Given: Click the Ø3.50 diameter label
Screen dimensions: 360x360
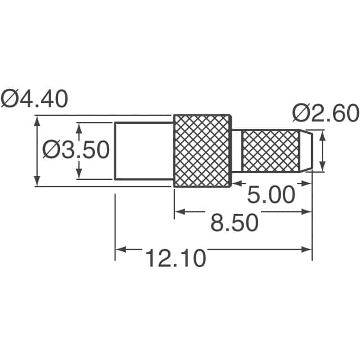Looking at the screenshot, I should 76,150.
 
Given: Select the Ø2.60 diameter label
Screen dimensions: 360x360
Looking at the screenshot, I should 325,114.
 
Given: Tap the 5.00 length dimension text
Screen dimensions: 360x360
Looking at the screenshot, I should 271,195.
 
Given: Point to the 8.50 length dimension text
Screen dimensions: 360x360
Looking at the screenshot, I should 234,223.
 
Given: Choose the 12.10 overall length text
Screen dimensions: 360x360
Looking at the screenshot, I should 175,259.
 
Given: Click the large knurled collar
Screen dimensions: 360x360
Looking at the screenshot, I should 202,151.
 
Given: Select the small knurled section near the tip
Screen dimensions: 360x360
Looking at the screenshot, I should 270,151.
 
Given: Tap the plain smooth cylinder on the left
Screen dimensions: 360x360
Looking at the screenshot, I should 144,151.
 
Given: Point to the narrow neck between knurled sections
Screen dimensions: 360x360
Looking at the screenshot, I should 237,151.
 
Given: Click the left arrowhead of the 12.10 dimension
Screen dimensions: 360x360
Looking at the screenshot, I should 120,248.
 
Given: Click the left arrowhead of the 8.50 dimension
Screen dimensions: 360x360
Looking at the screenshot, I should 179,211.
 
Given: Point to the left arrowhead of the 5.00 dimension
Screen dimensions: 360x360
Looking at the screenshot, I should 237,183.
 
